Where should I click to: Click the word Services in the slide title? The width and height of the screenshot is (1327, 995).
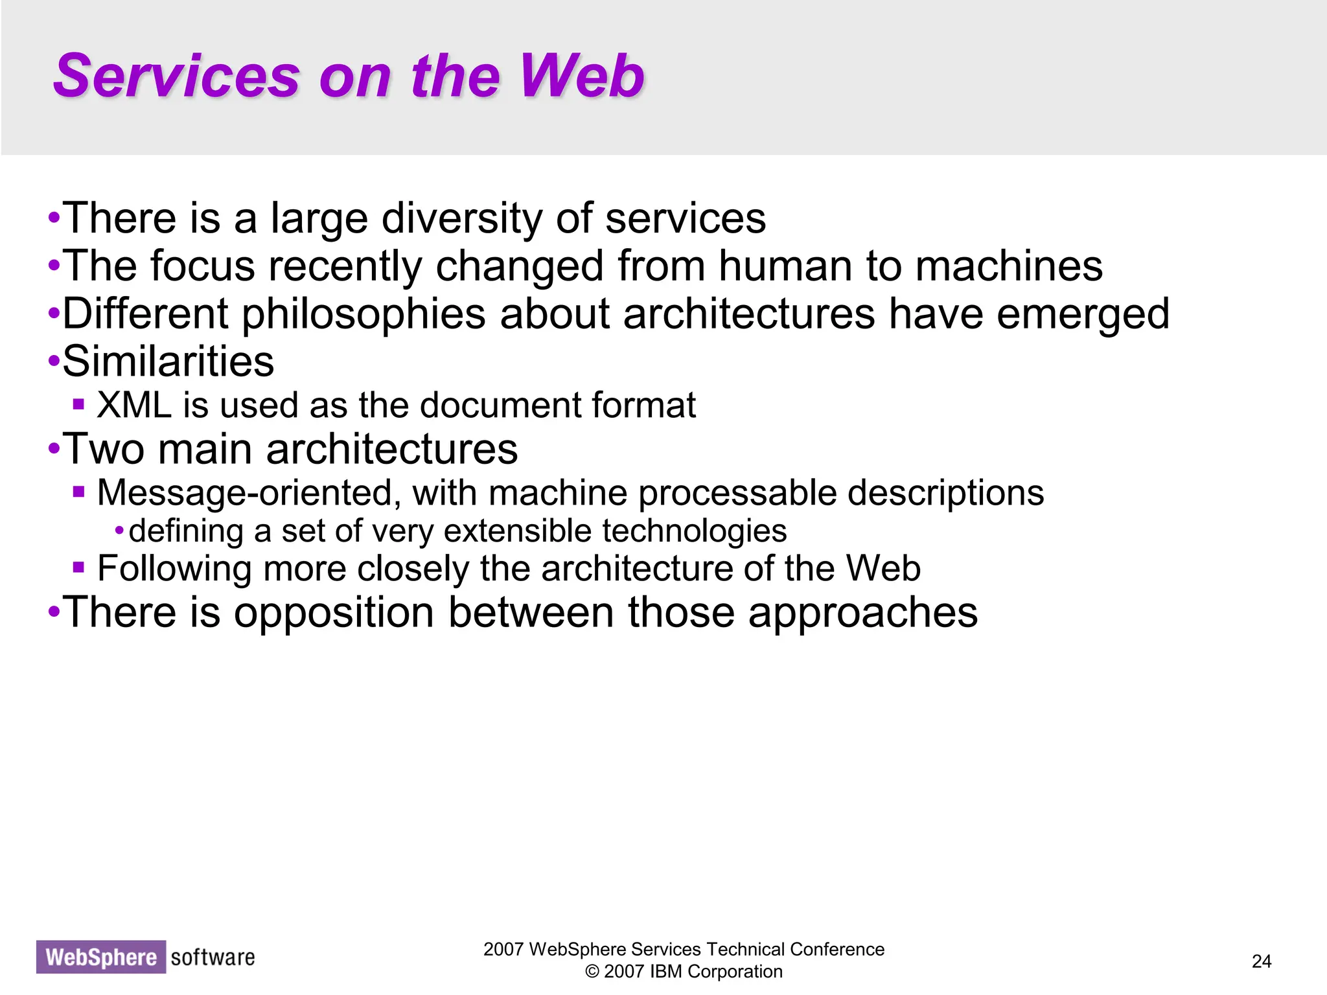pos(176,76)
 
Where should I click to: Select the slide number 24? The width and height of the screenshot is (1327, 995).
pos(1261,961)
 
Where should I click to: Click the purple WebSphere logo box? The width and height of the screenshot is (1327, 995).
pos(101,957)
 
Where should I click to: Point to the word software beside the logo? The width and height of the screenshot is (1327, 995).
pos(213,957)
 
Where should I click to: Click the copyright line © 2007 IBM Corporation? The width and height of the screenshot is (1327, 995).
pos(684,972)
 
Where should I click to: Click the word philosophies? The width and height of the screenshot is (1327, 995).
pos(363,314)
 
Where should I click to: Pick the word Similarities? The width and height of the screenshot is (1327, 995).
pos(168,361)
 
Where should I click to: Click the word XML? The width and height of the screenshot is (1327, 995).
pos(134,406)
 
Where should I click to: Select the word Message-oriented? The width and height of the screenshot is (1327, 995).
pos(245,493)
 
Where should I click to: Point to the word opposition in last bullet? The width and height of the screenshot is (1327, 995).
pos(334,612)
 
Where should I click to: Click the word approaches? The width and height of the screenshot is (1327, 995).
pos(862,612)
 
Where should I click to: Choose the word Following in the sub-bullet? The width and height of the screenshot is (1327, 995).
pos(174,569)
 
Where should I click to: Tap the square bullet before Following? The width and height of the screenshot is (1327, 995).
pos(79,568)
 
